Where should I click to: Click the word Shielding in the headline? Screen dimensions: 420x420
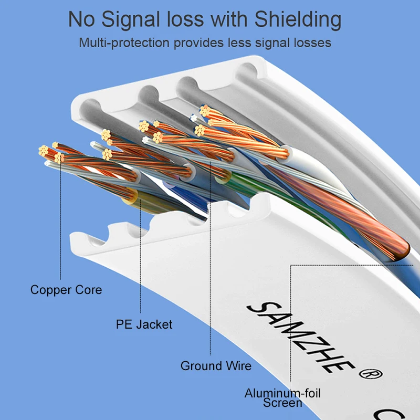298,20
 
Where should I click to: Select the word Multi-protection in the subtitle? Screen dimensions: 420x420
124,43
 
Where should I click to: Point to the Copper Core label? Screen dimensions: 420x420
66,290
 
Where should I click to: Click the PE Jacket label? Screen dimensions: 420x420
144,324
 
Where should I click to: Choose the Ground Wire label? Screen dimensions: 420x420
216,365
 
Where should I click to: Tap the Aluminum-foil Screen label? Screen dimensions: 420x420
282,398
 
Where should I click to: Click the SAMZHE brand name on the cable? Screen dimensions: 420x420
300,338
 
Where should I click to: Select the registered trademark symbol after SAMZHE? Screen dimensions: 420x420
371,374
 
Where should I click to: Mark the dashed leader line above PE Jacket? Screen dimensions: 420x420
140,256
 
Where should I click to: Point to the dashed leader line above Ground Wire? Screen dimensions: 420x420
211,258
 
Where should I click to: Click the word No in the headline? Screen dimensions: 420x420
81,20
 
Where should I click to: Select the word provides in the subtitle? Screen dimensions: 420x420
198,43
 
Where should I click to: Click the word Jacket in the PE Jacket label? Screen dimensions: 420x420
154,324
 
